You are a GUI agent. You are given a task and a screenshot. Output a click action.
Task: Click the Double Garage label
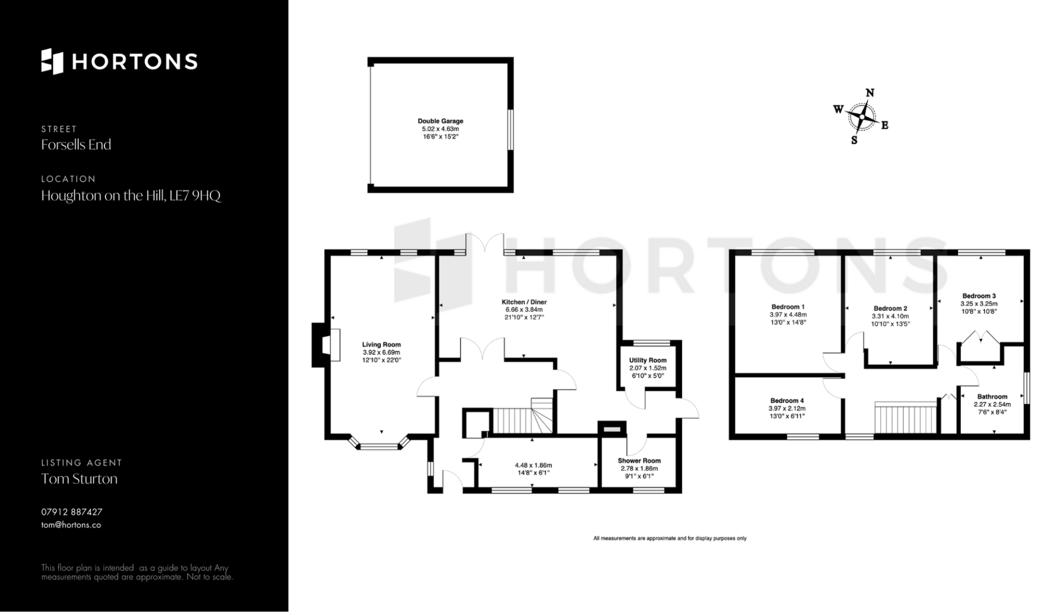click(x=440, y=121)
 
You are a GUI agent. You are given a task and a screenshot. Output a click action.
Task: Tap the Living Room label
click(x=381, y=345)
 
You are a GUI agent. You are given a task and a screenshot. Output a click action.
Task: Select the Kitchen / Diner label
click(x=524, y=302)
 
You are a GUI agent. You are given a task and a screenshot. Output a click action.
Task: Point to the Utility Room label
click(x=647, y=360)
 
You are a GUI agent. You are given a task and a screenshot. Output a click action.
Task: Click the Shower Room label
click(x=639, y=461)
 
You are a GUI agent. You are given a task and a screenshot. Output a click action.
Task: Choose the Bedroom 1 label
click(x=787, y=307)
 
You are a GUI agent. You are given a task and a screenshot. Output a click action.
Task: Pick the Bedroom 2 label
click(x=890, y=308)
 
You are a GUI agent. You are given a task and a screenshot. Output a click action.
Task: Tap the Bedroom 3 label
click(x=979, y=296)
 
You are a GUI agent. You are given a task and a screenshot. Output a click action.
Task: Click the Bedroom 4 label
click(x=787, y=400)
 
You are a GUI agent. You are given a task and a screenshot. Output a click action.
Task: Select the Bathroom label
click(x=992, y=397)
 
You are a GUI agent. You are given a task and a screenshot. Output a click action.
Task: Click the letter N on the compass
click(x=870, y=93)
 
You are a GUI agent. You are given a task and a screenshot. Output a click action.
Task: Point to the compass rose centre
click(x=862, y=116)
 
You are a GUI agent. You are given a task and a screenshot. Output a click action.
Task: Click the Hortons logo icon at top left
click(x=52, y=61)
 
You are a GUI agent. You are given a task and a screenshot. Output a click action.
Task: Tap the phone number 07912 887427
click(x=72, y=512)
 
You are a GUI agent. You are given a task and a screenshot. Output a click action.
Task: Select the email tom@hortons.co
click(x=71, y=525)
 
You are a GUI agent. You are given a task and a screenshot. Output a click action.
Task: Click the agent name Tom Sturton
click(x=79, y=479)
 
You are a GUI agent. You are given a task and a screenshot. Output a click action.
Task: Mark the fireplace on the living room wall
click(x=325, y=345)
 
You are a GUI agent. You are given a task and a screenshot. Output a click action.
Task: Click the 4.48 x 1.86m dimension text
click(x=533, y=465)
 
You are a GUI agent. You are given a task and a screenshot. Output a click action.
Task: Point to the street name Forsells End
click(x=76, y=144)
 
